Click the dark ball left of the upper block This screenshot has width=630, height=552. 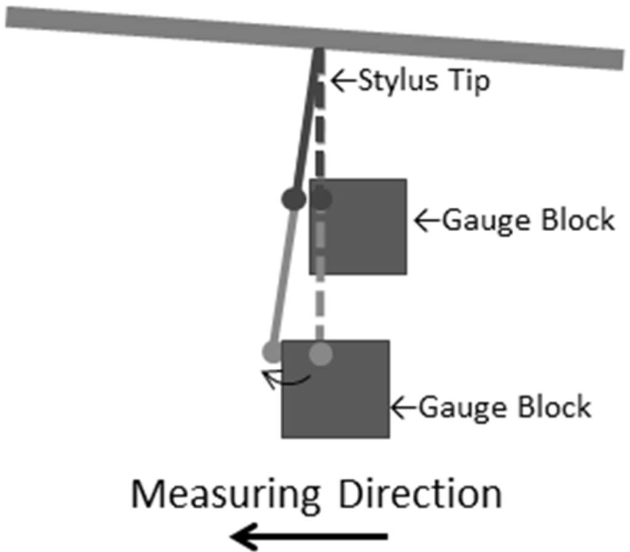tap(293, 199)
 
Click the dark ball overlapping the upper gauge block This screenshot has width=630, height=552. tap(321, 199)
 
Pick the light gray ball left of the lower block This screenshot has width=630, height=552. tap(271, 352)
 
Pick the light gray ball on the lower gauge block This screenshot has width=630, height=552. tap(320, 353)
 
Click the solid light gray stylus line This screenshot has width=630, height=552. tap(283, 277)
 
